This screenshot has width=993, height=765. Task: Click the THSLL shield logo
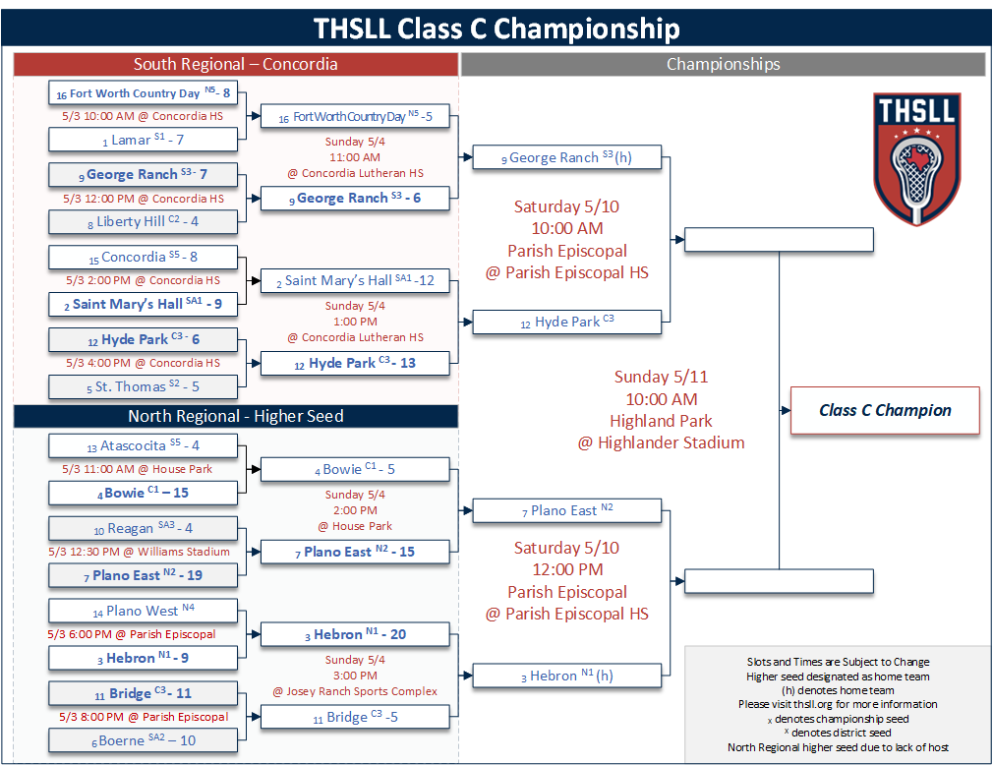pyautogui.click(x=916, y=158)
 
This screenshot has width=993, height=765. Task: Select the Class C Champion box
pyautogui.click(x=885, y=410)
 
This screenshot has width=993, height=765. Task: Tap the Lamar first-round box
pyautogui.click(x=144, y=140)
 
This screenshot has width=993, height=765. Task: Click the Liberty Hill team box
pyautogui.click(x=144, y=221)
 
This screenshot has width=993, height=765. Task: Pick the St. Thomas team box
pyautogui.click(x=144, y=386)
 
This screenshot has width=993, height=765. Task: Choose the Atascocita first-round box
pyautogui.click(x=144, y=445)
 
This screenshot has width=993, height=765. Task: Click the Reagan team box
pyautogui.click(x=144, y=528)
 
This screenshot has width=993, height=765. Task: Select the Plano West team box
pyautogui.click(x=144, y=611)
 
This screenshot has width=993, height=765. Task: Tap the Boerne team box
pyautogui.click(x=144, y=740)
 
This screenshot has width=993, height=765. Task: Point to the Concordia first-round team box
pyautogui.click(x=144, y=257)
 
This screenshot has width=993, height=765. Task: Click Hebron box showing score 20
pyautogui.click(x=355, y=634)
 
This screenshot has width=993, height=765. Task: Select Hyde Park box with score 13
pyautogui.click(x=355, y=364)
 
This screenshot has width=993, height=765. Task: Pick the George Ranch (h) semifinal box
pyautogui.click(x=566, y=157)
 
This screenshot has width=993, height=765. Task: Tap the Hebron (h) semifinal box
pyautogui.click(x=566, y=676)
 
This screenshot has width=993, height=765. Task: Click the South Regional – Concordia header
pyautogui.click(x=236, y=65)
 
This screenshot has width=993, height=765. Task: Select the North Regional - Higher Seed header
pyautogui.click(x=236, y=416)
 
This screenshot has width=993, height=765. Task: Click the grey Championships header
pyautogui.click(x=724, y=65)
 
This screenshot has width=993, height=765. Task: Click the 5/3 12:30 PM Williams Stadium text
pyautogui.click(x=140, y=552)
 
